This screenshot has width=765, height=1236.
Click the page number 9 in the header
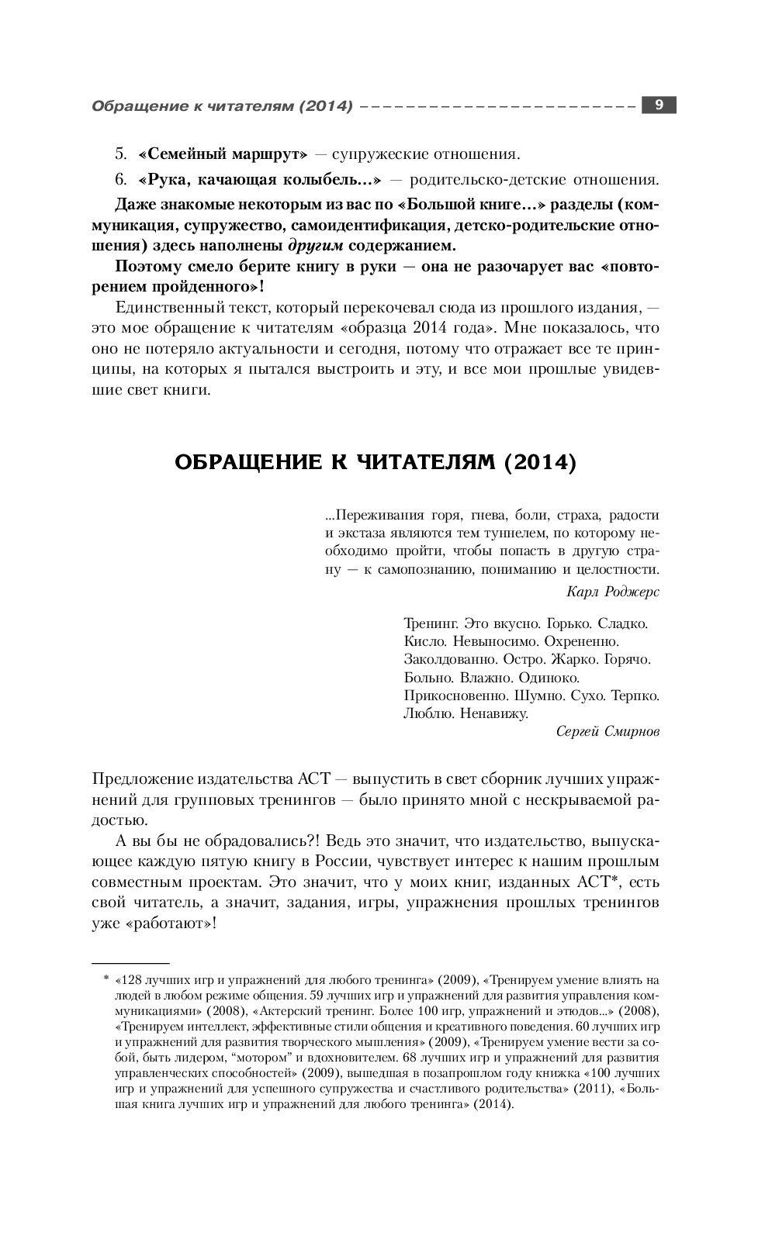click(x=658, y=105)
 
